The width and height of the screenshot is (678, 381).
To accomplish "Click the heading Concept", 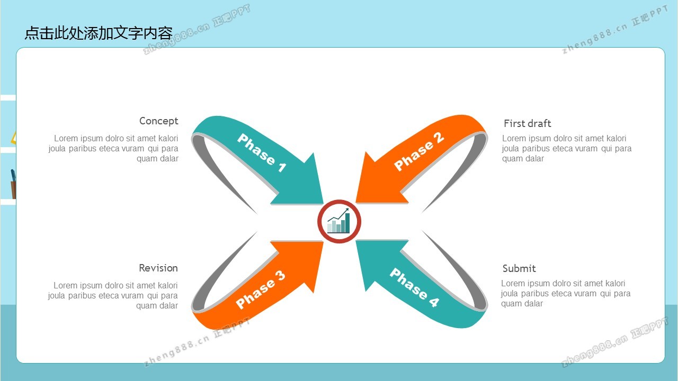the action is [x=158, y=121].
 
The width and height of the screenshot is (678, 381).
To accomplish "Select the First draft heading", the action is [x=527, y=123].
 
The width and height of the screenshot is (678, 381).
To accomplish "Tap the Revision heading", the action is [x=158, y=268].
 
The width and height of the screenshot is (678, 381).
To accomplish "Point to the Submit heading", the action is [x=519, y=268].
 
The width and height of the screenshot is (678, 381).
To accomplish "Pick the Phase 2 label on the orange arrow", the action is [x=419, y=151].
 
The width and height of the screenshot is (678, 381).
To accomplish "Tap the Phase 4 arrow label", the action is [x=414, y=287].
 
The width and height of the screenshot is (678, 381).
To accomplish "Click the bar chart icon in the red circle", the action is [x=338, y=221].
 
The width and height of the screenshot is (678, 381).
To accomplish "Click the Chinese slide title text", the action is [x=99, y=33].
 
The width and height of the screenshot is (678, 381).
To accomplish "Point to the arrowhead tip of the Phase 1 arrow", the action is [x=323, y=204].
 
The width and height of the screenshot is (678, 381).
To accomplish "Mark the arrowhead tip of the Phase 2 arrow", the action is [x=356, y=203].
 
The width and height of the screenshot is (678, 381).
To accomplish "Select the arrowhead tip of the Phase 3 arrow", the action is [x=323, y=242].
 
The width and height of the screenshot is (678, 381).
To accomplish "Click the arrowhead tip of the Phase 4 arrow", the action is [x=356, y=241].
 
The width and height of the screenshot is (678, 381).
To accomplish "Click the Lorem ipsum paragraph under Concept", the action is [x=113, y=149].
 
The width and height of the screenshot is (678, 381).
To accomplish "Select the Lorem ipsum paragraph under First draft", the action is [x=567, y=149].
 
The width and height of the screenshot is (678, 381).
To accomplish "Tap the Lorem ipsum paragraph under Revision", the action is [x=113, y=295].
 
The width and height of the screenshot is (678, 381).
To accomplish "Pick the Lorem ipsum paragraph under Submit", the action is [x=566, y=293].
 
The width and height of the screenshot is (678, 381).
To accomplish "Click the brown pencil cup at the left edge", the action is [x=13, y=190].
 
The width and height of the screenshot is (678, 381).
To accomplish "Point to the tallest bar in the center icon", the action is [x=347, y=223].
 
